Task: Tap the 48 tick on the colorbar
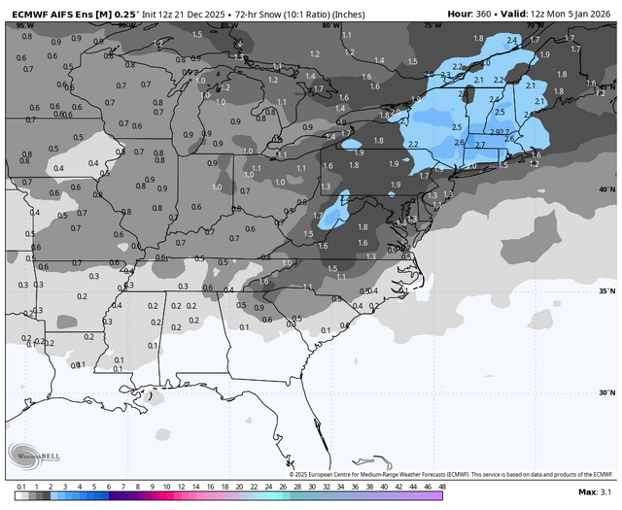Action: point(442,486)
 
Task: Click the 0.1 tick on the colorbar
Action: point(20,486)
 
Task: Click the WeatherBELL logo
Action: point(29,455)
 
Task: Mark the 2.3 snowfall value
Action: point(445,74)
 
